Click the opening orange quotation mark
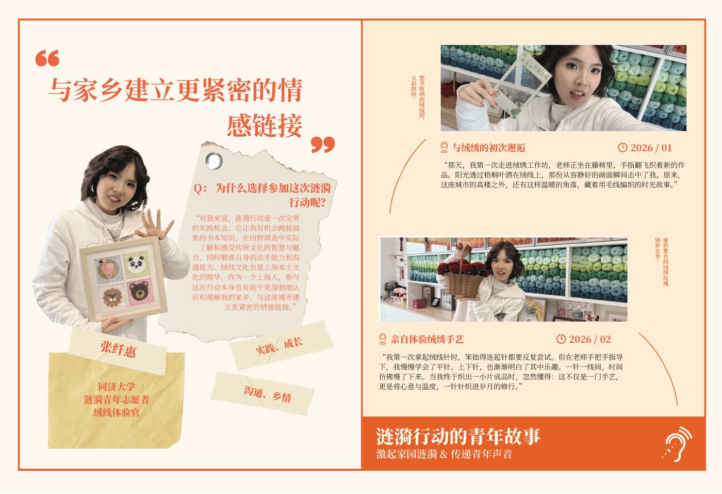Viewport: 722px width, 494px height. click(x=47, y=58)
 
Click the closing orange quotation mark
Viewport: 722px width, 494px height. click(x=323, y=145)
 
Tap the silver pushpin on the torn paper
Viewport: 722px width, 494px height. click(x=214, y=161)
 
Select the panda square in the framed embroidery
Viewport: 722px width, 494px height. click(x=136, y=265)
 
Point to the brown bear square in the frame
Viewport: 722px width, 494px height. click(x=140, y=292)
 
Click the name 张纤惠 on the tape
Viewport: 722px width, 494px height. click(x=118, y=349)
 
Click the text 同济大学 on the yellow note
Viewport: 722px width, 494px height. click(x=117, y=387)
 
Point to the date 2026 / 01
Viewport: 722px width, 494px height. click(x=651, y=148)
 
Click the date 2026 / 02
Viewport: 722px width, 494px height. click(x=590, y=339)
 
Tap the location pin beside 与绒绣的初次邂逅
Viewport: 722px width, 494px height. click(x=444, y=148)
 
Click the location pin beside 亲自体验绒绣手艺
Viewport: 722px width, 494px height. click(x=383, y=339)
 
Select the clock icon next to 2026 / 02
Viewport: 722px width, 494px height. click(x=561, y=339)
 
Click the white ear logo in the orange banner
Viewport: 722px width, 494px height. click(x=677, y=444)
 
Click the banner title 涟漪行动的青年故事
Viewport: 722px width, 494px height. click(x=458, y=436)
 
